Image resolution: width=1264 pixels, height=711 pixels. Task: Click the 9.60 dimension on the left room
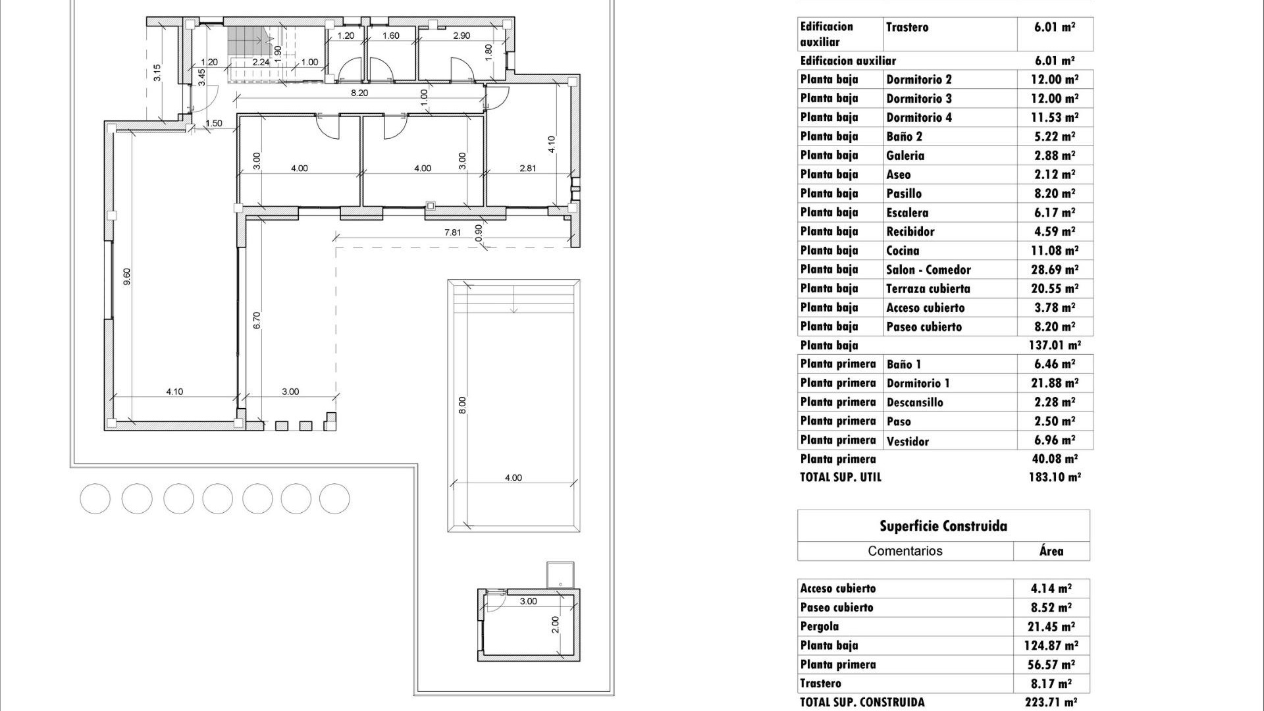click(127, 276)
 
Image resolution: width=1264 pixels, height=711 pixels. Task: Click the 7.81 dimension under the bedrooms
click(452, 232)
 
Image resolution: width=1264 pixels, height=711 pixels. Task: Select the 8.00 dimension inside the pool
click(462, 405)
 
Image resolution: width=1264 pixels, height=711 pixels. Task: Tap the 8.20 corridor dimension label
click(359, 93)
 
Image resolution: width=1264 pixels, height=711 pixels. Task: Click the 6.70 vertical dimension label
click(257, 321)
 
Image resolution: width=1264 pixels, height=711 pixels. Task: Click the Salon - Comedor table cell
click(928, 270)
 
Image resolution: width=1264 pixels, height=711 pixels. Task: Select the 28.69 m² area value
click(1055, 270)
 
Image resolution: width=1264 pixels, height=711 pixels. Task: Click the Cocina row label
click(903, 251)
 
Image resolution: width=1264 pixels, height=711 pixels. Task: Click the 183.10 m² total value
click(1055, 477)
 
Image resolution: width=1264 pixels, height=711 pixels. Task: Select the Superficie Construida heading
click(943, 526)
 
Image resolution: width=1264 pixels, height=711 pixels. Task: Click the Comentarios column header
click(905, 551)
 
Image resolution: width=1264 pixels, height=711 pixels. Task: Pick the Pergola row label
click(820, 627)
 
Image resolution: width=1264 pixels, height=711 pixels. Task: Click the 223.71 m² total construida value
click(1052, 702)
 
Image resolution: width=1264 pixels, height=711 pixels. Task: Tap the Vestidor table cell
click(907, 441)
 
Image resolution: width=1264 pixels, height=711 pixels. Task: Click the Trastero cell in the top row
click(907, 28)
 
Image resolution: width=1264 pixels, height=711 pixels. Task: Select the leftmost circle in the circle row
click(95, 499)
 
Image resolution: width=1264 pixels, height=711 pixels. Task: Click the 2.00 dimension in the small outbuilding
click(555, 624)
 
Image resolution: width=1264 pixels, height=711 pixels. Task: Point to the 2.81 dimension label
click(527, 169)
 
